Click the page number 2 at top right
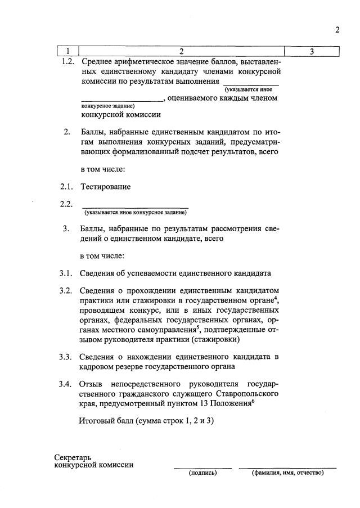(337, 30)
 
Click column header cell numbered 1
(67, 52)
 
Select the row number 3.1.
(67, 273)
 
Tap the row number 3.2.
(67, 290)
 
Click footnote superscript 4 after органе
(277, 298)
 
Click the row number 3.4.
(67, 384)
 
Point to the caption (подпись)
(202, 473)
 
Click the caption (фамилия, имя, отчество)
(287, 473)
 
